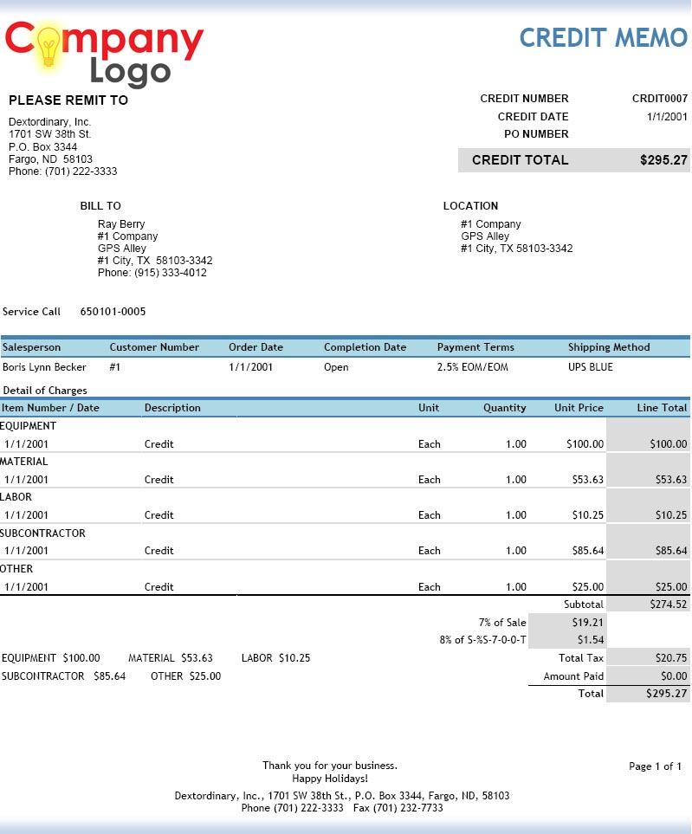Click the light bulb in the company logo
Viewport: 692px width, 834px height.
tap(49, 46)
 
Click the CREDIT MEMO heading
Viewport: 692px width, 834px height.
tap(603, 37)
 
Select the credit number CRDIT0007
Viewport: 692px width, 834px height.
tap(660, 99)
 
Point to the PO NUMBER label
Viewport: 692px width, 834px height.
tap(536, 134)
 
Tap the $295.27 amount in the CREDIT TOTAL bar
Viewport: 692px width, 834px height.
tap(663, 160)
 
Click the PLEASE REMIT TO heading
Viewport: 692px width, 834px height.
tap(68, 100)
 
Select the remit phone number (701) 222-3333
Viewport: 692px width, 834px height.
tap(81, 171)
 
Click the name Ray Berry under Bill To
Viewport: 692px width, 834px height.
tap(121, 224)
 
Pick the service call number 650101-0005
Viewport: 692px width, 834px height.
tap(113, 312)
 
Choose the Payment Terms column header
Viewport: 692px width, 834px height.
tap(475, 347)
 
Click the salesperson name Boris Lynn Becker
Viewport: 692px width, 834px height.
tap(44, 367)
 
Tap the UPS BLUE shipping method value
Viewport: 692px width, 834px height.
tap(591, 367)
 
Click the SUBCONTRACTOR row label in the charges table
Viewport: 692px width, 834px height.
tap(43, 533)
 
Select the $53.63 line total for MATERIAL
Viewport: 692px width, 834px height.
tap(670, 480)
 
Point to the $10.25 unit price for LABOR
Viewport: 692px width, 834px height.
tap(587, 515)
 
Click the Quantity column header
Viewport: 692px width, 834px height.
tap(504, 408)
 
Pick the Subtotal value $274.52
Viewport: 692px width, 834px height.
tap(667, 604)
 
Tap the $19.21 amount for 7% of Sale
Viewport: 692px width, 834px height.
tap(587, 622)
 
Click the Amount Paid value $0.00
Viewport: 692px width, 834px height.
tap(673, 676)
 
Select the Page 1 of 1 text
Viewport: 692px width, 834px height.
tap(656, 766)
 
